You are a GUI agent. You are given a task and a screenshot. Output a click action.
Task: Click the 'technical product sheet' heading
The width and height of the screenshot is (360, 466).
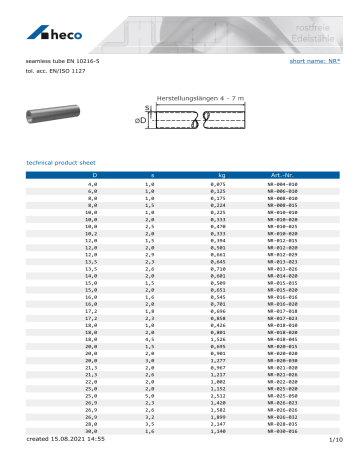tap(63, 162)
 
